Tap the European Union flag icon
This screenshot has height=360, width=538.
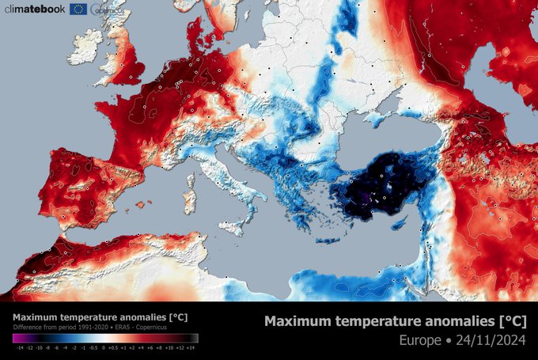pyautogui.click(x=78, y=9)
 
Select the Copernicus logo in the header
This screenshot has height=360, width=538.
pyautogui.click(x=107, y=9)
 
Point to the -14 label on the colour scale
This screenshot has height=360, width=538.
pyautogui.click(x=18, y=347)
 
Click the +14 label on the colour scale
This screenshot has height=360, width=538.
pyautogui.click(x=191, y=347)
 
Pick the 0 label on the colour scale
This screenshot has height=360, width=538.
pyautogui.click(x=103, y=347)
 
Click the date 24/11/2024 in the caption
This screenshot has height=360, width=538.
pyautogui.click(x=496, y=341)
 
